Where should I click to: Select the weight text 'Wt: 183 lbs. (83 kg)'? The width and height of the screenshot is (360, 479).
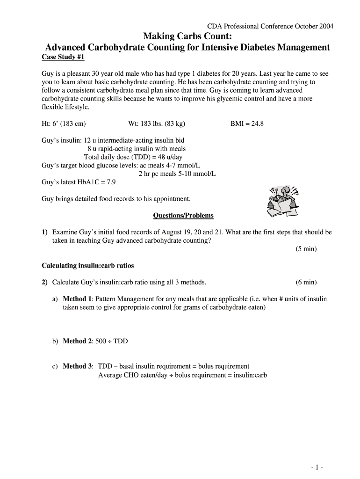[157, 124]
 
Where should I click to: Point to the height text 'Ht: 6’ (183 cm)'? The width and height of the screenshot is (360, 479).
[64, 124]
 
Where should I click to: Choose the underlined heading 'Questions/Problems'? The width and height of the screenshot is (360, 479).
[183, 216]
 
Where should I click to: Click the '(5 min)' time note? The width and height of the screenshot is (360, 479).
[306, 249]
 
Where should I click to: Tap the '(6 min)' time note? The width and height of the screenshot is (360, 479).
[306, 282]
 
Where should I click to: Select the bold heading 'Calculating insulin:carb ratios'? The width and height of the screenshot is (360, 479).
[88, 266]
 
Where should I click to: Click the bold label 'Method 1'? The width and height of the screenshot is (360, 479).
[75, 299]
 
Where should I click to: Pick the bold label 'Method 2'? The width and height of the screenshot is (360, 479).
[75, 341]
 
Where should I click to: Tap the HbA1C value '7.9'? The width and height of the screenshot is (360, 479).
[110, 182]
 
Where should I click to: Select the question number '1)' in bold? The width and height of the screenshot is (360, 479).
[45, 232]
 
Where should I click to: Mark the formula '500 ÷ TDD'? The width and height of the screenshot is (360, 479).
[111, 341]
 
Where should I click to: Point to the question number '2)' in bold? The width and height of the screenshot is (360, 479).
[45, 282]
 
